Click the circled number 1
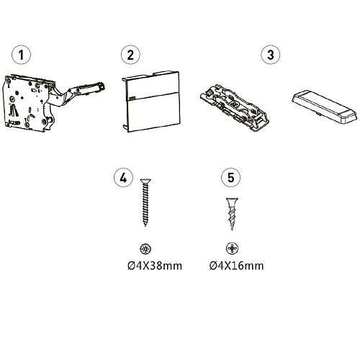pos(22,55)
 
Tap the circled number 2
pos(130,55)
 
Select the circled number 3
pos(271,55)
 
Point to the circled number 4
pos(123,178)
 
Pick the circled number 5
pos(230,178)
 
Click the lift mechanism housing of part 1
pos(27,103)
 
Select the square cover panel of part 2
pos(151,101)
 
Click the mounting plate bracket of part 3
pos(235,107)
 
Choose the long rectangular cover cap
pos(324,107)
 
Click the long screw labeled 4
pos(145,202)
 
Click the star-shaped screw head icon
pos(145,248)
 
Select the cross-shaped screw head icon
pos(232,248)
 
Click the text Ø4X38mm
pos(155,266)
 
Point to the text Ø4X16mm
pos(237,266)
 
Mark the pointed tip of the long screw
pos(145,226)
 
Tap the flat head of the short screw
pos(232,199)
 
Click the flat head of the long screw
pos(145,180)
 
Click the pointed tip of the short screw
pos(232,230)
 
